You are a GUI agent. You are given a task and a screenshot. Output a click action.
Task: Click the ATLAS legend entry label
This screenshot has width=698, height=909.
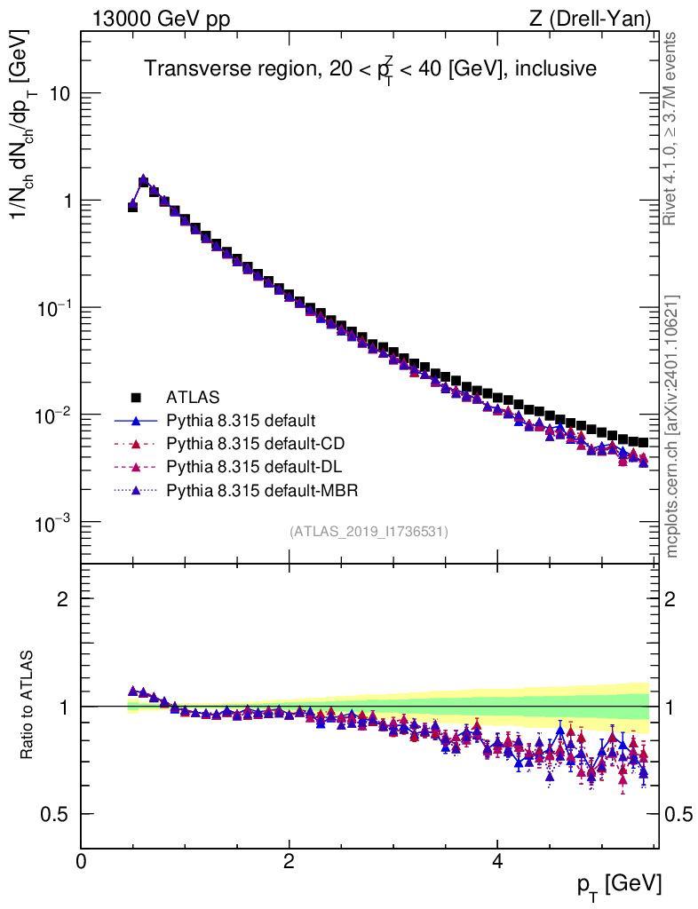coord(193,396)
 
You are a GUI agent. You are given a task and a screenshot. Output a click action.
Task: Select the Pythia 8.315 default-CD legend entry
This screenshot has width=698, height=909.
coord(254,442)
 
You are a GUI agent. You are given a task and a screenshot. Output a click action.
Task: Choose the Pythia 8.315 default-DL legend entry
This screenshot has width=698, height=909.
coord(253,465)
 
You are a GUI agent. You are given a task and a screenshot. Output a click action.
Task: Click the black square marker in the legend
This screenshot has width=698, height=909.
coord(136,396)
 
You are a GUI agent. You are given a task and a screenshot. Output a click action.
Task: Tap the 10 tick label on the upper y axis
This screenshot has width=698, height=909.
coord(59,94)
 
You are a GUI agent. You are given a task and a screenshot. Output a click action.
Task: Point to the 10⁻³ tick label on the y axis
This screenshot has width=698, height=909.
coord(52,523)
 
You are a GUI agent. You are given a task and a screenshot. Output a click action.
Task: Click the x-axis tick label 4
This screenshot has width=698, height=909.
coord(497,861)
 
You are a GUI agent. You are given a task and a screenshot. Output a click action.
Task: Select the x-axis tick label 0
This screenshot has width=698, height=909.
coord(82,861)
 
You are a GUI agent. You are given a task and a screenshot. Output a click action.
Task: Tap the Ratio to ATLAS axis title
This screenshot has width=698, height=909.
coord(30,707)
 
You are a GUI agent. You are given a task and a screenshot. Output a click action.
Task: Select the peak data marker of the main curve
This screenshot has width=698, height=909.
coord(143,180)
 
